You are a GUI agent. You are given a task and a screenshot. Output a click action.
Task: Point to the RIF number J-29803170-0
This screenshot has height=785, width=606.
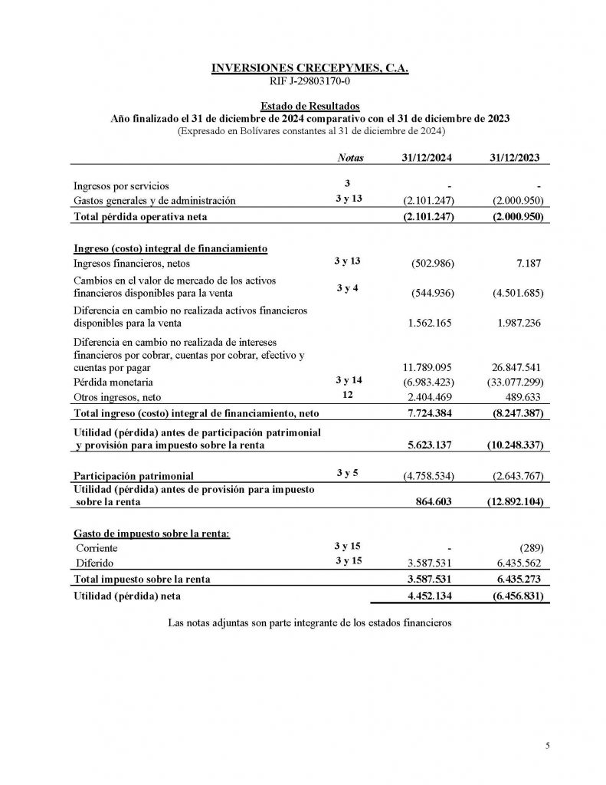[x=310, y=81]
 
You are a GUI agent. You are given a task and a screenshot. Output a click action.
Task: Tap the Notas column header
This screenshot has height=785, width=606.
[x=349, y=158]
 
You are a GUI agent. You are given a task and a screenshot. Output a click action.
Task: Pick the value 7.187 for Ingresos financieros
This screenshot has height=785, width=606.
[x=527, y=264]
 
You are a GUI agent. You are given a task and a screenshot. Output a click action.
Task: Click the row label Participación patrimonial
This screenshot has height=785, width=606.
[x=133, y=476]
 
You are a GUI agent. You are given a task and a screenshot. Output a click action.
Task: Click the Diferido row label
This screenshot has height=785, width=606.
[x=93, y=563]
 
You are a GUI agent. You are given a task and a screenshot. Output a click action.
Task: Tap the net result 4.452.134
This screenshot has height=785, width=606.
[x=430, y=595]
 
